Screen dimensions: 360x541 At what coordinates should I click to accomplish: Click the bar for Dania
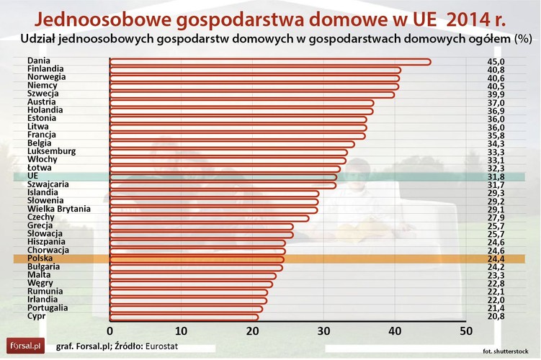[270, 62]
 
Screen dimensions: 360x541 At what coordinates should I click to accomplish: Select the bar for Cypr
[184, 317]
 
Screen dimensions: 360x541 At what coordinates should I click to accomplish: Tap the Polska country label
[40, 258]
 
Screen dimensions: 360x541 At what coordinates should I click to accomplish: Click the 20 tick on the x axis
[251, 330]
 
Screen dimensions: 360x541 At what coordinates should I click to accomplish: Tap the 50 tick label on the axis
[466, 330]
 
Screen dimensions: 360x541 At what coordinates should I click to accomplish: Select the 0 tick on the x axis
[110, 330]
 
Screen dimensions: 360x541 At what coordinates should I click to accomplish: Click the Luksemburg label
[50, 151]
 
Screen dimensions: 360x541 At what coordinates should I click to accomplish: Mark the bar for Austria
[241, 102]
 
